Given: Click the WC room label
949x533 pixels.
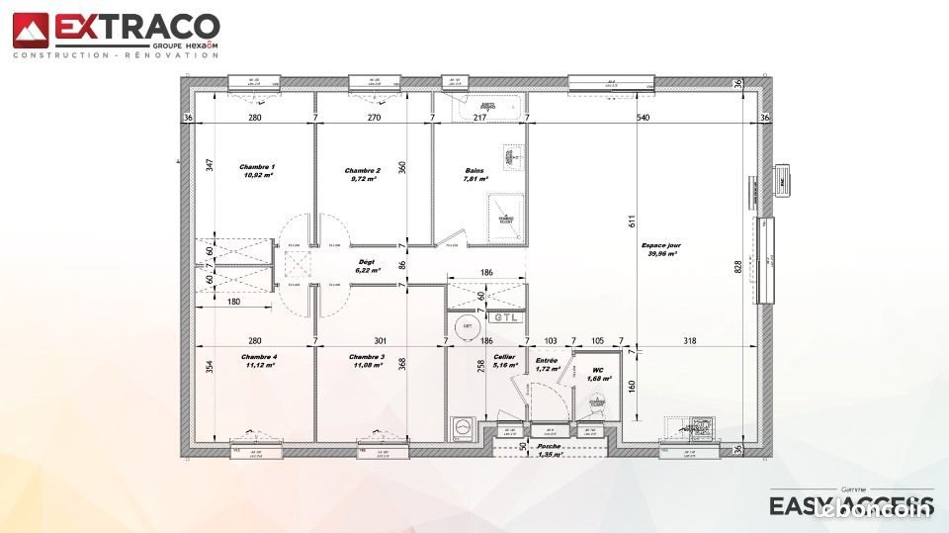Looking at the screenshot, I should pyautogui.click(x=597, y=373).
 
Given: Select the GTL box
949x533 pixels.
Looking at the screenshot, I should pyautogui.click(x=505, y=317).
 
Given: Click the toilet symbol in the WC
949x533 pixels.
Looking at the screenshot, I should pyautogui.click(x=595, y=401).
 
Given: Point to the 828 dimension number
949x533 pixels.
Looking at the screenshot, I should pyautogui.click(x=737, y=268).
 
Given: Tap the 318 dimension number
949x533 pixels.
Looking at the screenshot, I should pyautogui.click(x=690, y=341).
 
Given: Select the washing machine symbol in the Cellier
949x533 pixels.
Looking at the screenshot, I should pyautogui.click(x=461, y=427).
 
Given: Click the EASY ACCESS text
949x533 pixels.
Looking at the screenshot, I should pyautogui.click(x=850, y=505).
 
